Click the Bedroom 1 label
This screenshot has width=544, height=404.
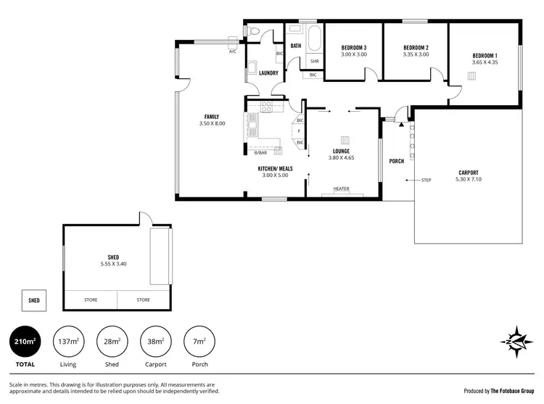(485, 56)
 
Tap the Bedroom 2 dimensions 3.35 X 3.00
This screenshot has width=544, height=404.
(416, 54)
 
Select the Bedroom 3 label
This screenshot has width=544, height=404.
(355, 48)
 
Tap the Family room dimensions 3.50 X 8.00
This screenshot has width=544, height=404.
(212, 124)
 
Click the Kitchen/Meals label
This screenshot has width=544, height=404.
(273, 168)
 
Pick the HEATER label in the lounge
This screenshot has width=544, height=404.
(341, 189)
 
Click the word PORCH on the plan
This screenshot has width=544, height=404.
(397, 161)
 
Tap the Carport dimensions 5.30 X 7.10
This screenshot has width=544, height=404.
(468, 179)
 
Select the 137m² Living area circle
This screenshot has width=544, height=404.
(69, 341)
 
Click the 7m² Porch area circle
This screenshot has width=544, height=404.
(200, 341)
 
